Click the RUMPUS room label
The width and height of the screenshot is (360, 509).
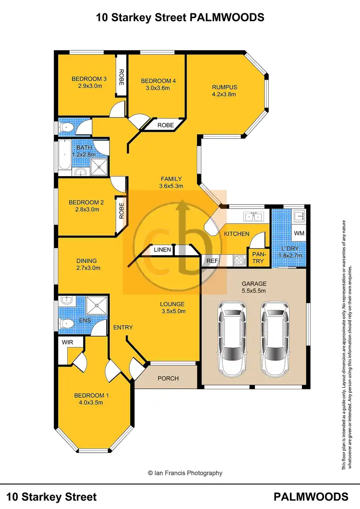225,87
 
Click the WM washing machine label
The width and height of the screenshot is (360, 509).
299,233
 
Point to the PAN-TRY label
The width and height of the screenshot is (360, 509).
258,258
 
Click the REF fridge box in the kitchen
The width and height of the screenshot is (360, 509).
212,261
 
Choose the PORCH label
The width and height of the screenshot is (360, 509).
168,379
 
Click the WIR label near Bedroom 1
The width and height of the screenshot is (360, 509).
66,342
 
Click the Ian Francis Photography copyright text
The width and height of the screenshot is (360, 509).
185,473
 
